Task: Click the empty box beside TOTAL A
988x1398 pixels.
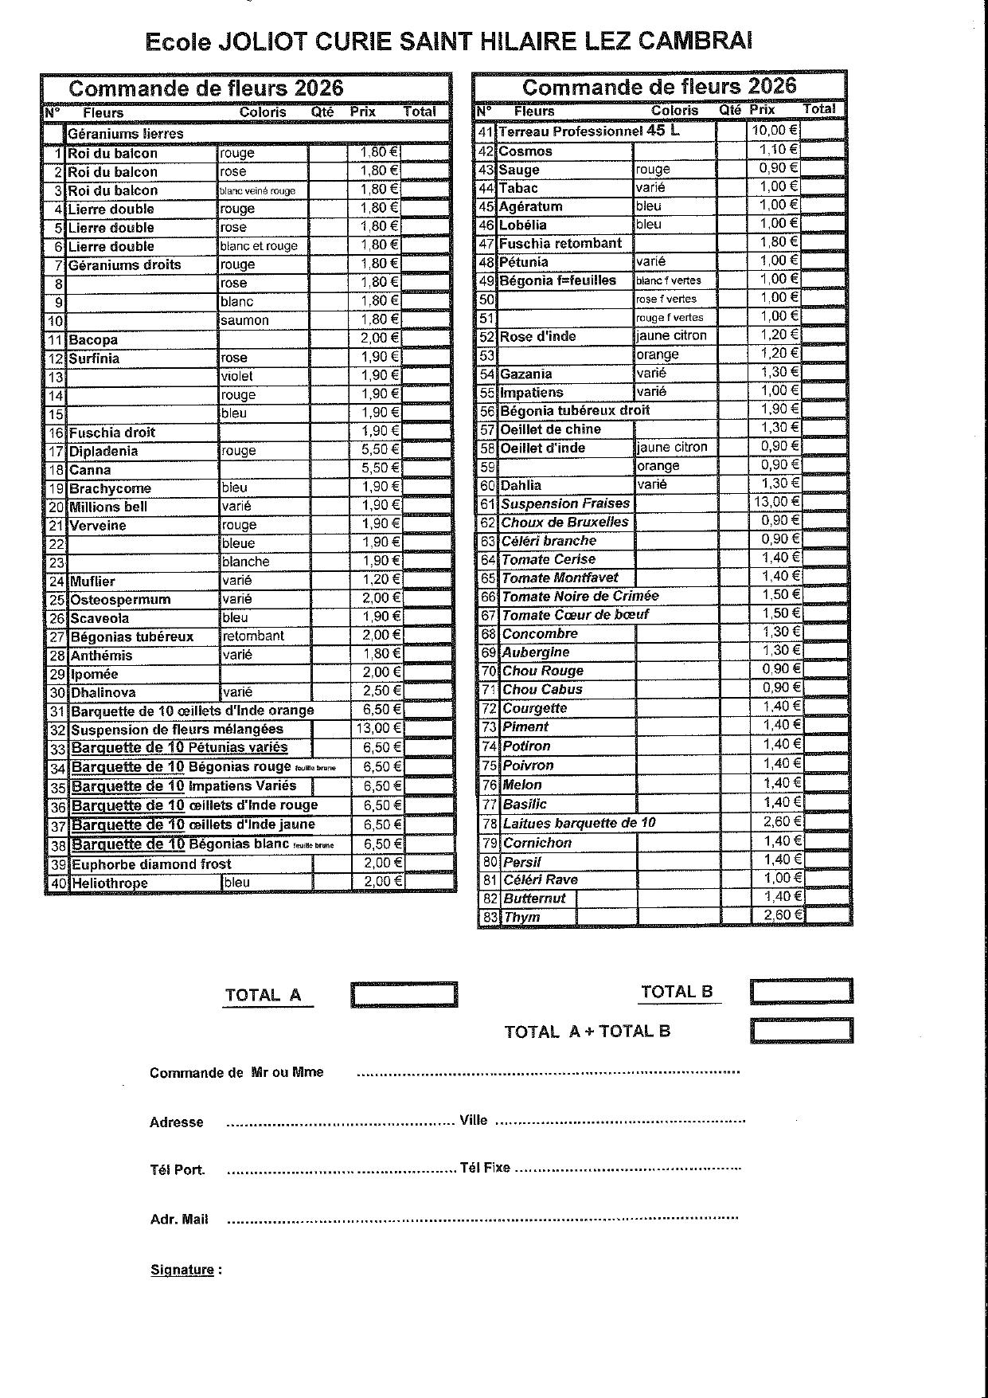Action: pyautogui.click(x=404, y=995)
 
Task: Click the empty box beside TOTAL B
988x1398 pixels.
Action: pyautogui.click(x=801, y=992)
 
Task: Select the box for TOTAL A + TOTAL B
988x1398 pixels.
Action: pyautogui.click(x=801, y=1031)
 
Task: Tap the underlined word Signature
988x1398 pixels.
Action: pyautogui.click(x=182, y=1270)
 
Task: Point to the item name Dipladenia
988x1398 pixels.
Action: pyautogui.click(x=103, y=451)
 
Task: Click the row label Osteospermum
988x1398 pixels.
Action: pyautogui.click(x=120, y=599)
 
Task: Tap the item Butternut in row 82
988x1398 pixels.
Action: pyautogui.click(x=534, y=898)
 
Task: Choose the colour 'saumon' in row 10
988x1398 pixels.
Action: pyautogui.click(x=244, y=320)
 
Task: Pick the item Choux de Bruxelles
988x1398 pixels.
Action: pyautogui.click(x=564, y=522)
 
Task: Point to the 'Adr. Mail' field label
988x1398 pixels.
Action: pyautogui.click(x=179, y=1219)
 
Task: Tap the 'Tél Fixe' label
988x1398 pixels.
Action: pyautogui.click(x=485, y=1168)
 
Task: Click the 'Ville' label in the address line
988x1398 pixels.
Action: pyautogui.click(x=474, y=1120)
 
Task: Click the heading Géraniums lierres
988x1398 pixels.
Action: pyautogui.click(x=125, y=134)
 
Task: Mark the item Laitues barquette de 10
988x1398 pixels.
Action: pyautogui.click(x=579, y=823)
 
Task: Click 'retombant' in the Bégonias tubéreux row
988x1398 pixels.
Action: pyautogui.click(x=253, y=636)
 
